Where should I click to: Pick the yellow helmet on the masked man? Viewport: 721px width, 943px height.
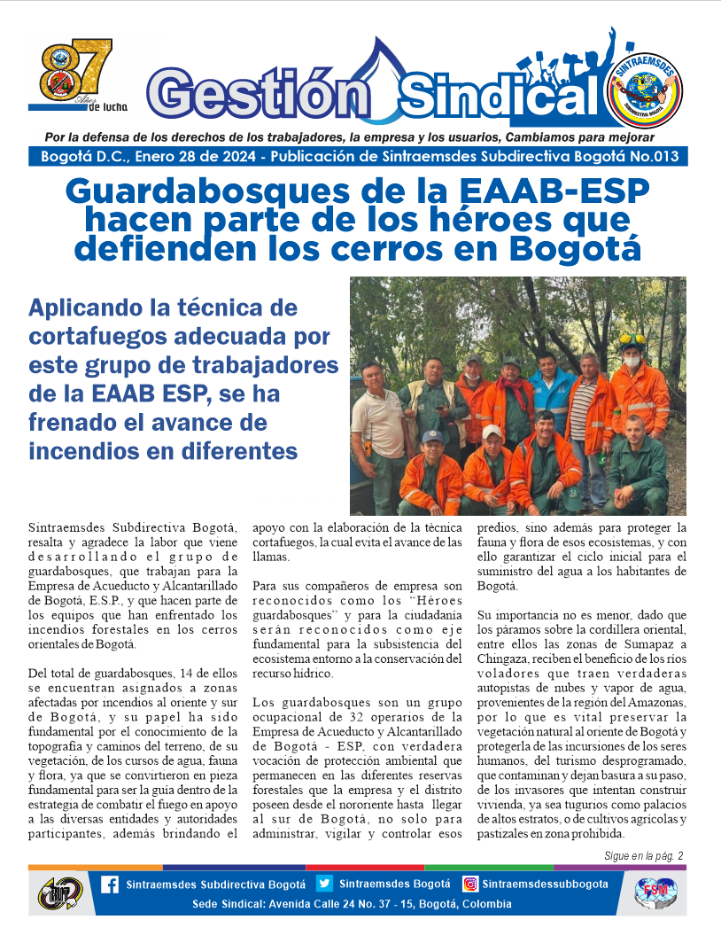click(632, 339)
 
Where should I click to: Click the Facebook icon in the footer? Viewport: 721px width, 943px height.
click(110, 885)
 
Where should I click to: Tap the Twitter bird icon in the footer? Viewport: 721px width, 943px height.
click(324, 884)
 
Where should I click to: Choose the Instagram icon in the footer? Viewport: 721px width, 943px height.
click(470, 884)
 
